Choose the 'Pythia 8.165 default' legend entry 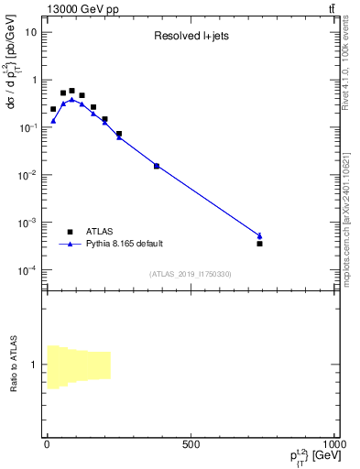(124, 244)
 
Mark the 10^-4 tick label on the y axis (29, 269)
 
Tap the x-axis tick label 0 (46, 444)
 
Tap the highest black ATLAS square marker (71, 91)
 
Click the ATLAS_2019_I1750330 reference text (191, 274)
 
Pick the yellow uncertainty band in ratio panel (79, 367)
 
